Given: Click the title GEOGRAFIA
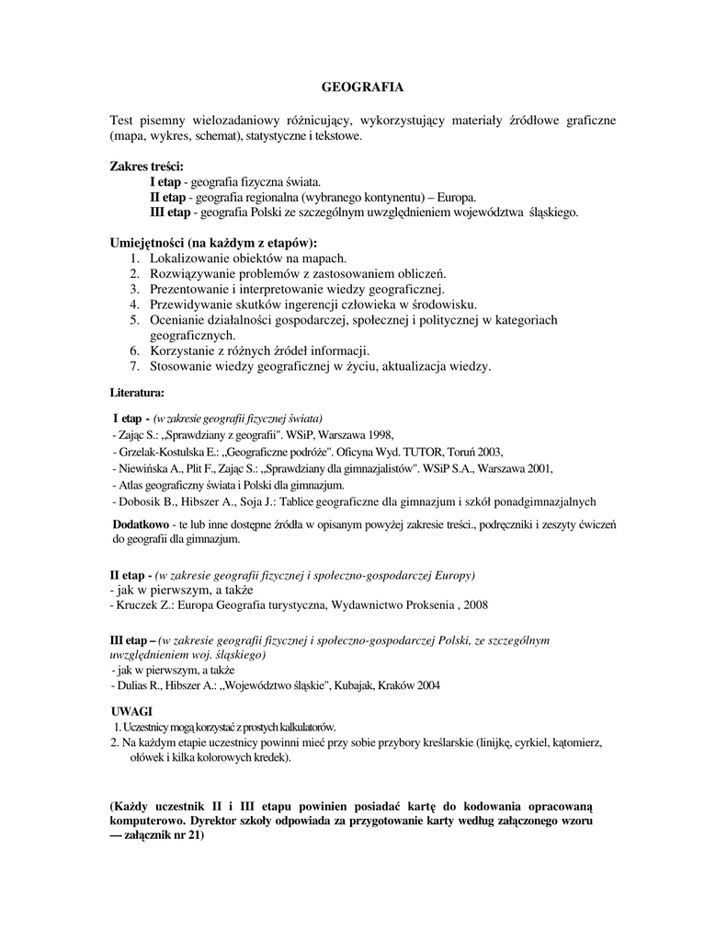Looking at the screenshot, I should click(362, 88).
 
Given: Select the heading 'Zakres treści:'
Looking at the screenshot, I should click(147, 167).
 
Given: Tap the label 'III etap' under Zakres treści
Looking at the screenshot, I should click(170, 213).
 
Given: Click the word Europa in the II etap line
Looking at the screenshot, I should click(456, 198).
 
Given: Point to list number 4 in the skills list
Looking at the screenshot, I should click(133, 304).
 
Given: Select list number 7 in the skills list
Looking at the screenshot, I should click(133, 366).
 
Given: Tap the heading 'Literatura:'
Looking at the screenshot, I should click(137, 393).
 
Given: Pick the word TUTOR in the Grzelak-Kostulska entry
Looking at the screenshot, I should click(423, 452).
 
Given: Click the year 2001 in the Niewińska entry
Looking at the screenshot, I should click(538, 468).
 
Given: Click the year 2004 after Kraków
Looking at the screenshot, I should click(426, 685).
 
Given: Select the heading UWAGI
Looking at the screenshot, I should click(131, 711).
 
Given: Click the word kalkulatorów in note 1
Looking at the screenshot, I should click(304, 727).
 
